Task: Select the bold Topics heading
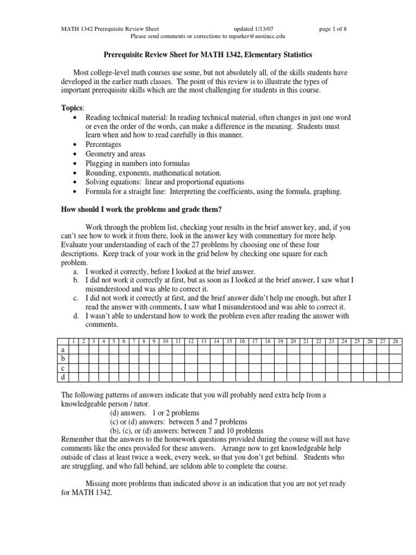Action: [72, 108]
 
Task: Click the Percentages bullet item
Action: [103, 145]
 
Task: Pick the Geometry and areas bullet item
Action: [115, 154]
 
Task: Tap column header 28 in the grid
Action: [395, 341]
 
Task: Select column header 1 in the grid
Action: [73, 341]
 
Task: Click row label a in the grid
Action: [63, 350]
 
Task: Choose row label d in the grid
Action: [63, 376]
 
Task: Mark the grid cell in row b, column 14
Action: [216, 358]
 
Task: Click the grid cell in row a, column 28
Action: [395, 350]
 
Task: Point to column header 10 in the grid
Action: [165, 341]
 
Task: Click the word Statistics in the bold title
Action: [294, 55]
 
